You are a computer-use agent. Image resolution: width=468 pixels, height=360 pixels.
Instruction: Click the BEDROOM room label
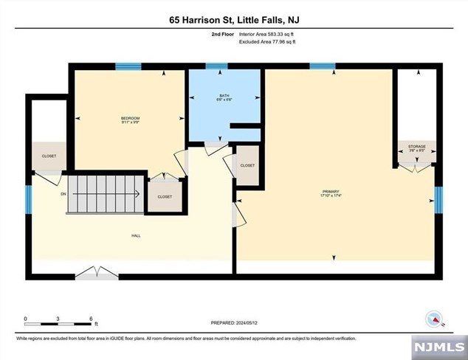(130, 120)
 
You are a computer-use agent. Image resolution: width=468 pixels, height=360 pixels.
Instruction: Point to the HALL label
(136, 236)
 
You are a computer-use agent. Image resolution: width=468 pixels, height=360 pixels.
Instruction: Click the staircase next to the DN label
(103, 194)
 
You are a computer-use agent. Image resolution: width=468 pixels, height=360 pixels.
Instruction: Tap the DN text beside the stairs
(63, 194)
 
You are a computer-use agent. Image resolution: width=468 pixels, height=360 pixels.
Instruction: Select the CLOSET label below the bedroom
(165, 197)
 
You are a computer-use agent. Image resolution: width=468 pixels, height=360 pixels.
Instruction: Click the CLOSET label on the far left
(49, 156)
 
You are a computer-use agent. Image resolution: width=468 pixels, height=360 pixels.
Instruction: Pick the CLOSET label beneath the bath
(247, 165)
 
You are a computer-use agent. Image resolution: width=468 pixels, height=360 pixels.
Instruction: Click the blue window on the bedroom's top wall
(128, 66)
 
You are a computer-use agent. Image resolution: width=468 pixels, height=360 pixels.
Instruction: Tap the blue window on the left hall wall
(29, 198)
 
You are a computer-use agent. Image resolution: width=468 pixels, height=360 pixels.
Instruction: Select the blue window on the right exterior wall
(438, 198)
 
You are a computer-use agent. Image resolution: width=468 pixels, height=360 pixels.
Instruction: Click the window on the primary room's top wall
(323, 66)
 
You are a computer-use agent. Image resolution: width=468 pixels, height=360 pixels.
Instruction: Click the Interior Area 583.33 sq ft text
(268, 34)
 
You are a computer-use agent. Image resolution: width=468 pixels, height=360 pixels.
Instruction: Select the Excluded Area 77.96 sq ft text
(266, 42)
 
